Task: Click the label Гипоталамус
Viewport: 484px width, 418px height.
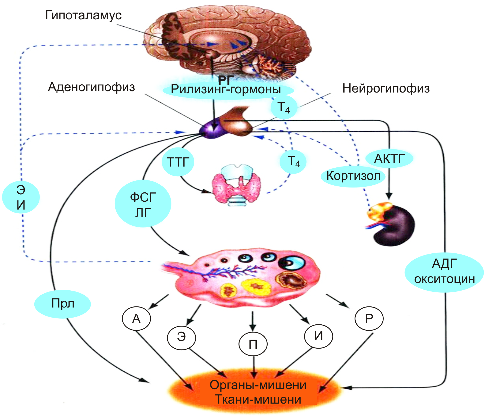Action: pos(83,15)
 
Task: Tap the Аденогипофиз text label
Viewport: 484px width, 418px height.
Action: pos(91,87)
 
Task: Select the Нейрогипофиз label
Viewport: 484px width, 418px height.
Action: pos(386,88)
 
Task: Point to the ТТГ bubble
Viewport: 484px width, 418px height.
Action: pos(178,162)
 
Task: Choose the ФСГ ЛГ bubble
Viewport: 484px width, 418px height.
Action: pos(143,204)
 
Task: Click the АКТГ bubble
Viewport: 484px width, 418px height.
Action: pos(389,159)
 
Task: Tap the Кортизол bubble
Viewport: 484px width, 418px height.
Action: pos(353,176)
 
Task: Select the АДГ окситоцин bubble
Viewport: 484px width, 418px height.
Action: pos(444,272)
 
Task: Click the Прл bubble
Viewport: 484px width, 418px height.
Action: pos(63,303)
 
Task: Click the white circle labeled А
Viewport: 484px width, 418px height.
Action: pos(136,319)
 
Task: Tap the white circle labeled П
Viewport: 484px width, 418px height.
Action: pos(253,345)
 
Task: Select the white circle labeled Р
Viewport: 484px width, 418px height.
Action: pos(369,319)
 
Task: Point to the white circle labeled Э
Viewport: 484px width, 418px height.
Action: pos(181,337)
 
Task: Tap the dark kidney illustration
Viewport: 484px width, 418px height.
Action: pos(395,226)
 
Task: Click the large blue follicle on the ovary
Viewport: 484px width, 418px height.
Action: pos(292,263)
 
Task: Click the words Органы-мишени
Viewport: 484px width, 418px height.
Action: pos(258,385)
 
